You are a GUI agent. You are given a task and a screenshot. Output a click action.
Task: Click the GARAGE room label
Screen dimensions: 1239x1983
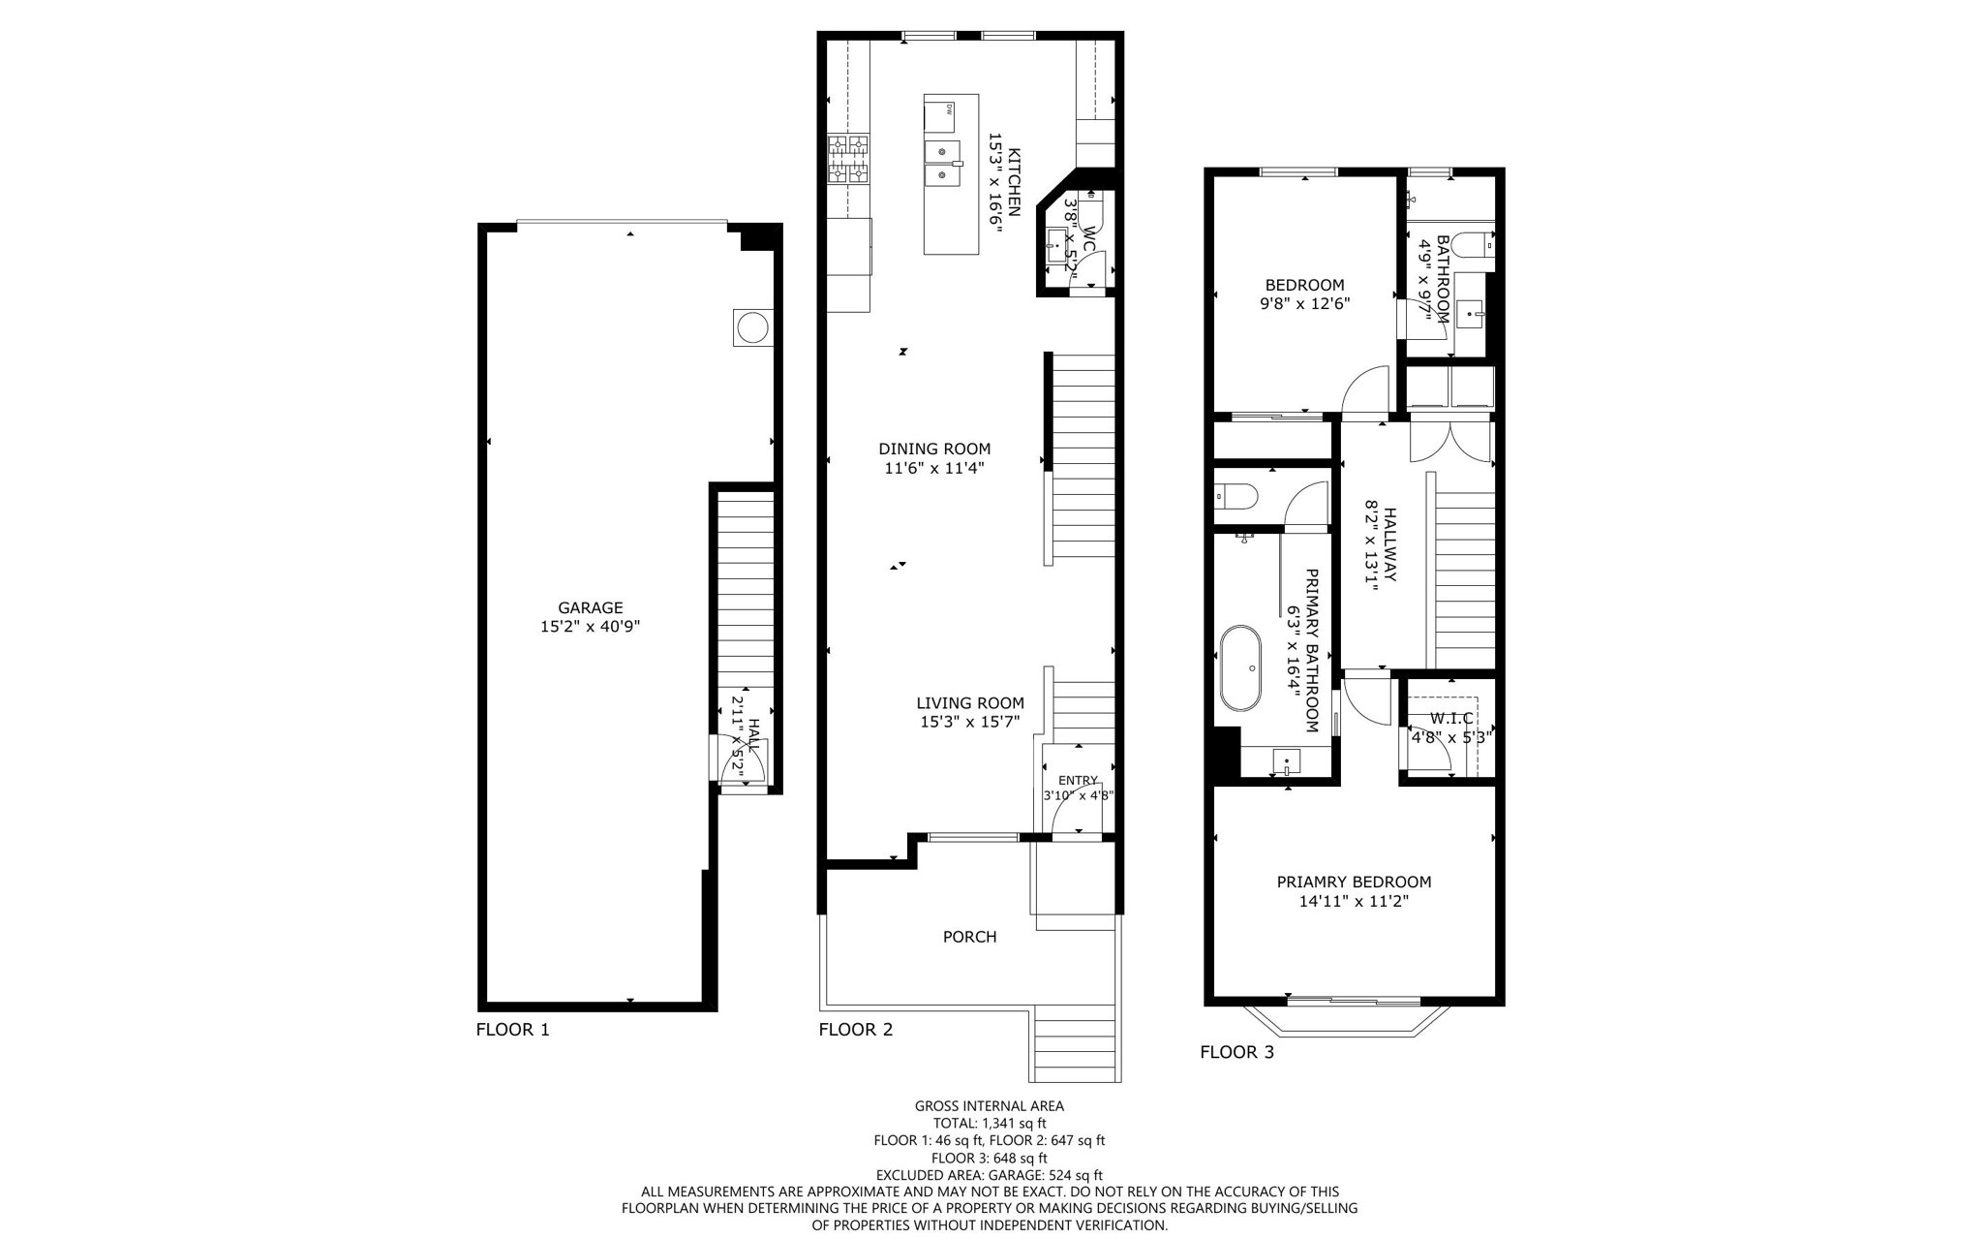click(x=590, y=607)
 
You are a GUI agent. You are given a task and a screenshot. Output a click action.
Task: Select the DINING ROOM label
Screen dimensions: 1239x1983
click(x=934, y=449)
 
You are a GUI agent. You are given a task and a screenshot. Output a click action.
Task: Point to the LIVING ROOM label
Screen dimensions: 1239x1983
click(x=970, y=703)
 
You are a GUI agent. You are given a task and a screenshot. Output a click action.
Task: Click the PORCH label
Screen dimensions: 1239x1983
click(x=969, y=937)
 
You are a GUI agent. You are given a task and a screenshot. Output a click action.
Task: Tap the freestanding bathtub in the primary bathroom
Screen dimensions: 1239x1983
click(x=1240, y=668)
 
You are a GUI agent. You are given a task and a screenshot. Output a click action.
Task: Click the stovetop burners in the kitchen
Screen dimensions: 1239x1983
click(x=848, y=160)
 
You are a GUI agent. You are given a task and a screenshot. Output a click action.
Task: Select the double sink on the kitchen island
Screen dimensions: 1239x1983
click(x=942, y=165)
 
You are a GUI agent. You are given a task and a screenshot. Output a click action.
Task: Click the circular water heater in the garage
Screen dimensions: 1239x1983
click(x=751, y=328)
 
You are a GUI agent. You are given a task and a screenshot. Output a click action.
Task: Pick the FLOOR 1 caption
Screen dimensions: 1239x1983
click(x=512, y=1030)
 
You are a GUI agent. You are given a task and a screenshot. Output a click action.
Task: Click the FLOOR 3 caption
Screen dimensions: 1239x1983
click(x=1236, y=1052)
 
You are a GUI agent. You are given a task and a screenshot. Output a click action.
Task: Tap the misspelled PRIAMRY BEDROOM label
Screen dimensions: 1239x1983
click(x=1353, y=882)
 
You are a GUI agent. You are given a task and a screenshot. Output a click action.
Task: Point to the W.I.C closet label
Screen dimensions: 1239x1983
click(x=1451, y=718)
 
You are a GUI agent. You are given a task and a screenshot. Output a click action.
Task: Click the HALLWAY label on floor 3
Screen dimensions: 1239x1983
click(x=1390, y=544)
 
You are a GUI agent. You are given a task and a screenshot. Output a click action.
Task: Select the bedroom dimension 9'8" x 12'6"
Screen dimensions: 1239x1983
click(x=1304, y=303)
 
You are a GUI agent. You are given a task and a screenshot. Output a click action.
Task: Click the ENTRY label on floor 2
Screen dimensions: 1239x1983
click(x=1078, y=780)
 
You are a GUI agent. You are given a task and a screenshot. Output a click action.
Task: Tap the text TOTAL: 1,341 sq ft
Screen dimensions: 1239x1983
click(x=989, y=1124)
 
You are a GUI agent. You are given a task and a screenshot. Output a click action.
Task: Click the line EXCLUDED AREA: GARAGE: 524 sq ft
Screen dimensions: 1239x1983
click(x=989, y=1175)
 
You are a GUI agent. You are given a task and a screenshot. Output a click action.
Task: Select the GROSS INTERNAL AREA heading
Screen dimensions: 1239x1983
click(x=989, y=1105)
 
